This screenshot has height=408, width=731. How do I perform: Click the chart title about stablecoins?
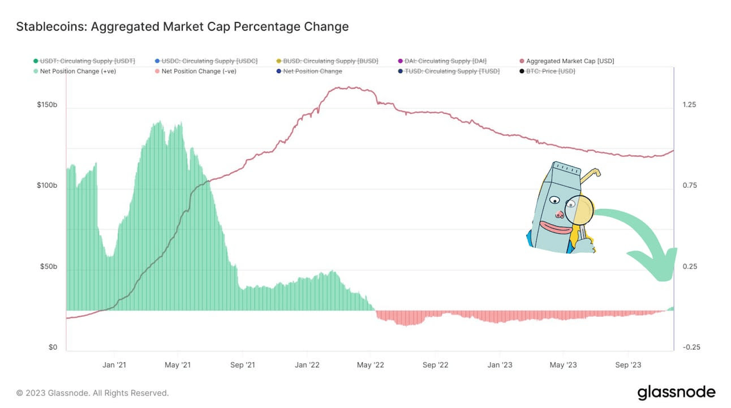pyautogui.click(x=182, y=27)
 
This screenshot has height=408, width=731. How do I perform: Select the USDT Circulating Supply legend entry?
pyautogui.click(x=84, y=61)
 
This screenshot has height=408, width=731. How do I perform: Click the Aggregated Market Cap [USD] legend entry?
pyautogui.click(x=566, y=61)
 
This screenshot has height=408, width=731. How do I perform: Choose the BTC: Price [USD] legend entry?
pyautogui.click(x=543, y=71)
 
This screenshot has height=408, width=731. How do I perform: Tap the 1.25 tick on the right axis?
pyautogui.click(x=689, y=105)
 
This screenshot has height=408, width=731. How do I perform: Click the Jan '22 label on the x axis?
pyautogui.click(x=308, y=365)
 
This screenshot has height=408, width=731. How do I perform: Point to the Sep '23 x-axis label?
pyautogui.click(x=629, y=365)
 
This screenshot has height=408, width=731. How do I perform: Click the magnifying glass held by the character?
pyautogui.click(x=579, y=210)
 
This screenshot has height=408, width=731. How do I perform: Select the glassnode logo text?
pyautogui.click(x=676, y=392)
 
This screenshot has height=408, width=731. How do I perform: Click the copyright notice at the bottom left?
pyautogui.click(x=92, y=393)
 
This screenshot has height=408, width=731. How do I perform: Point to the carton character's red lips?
pyautogui.click(x=553, y=228)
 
